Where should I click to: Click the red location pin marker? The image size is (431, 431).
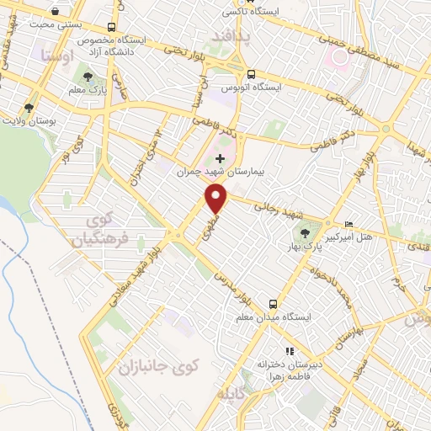pos(217,199)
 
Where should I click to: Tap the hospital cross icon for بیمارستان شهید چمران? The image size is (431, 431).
pos(221,158)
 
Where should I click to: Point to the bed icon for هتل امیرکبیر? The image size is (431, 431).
pos(349,223)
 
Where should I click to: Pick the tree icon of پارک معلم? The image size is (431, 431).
pos(88,78)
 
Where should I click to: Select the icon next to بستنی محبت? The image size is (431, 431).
pos(56,12)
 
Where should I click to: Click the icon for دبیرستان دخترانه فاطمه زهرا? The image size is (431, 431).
pos(290,351)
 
